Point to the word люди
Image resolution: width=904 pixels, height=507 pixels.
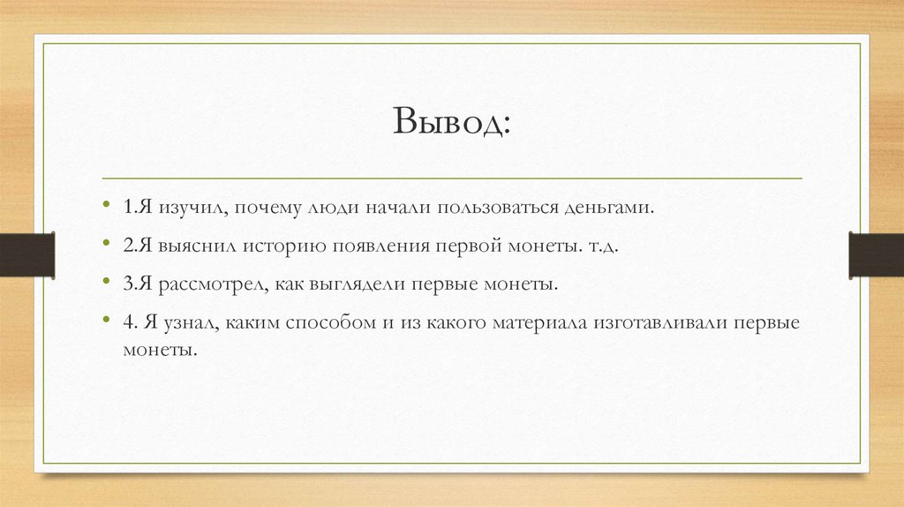point(328,208)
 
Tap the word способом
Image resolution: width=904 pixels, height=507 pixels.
point(329,323)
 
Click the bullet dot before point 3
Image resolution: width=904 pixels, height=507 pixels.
point(107,284)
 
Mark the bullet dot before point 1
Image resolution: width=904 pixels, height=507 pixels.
point(107,208)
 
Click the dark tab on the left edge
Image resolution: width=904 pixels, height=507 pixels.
point(26,254)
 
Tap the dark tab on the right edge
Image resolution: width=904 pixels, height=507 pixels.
point(876,254)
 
